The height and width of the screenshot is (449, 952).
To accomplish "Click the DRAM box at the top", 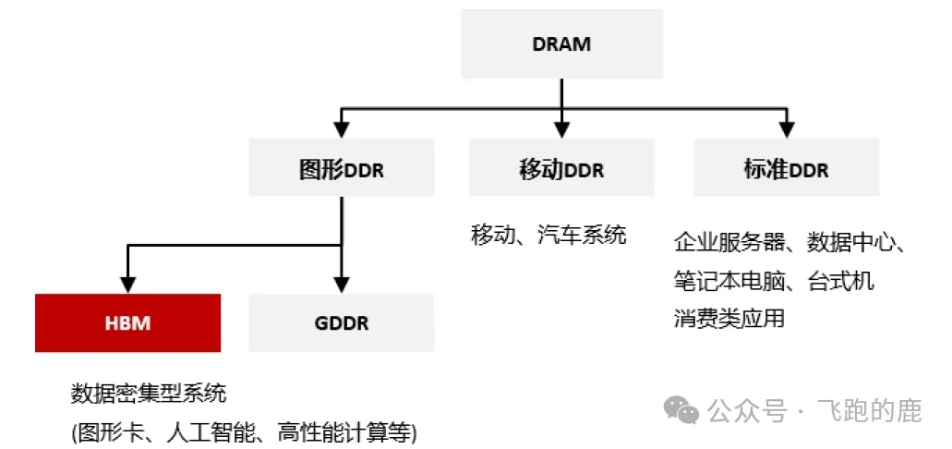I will coord(561,43).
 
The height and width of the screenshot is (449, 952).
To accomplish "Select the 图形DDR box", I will coord(342,169).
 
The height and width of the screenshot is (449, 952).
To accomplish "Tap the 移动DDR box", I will coord(561,169).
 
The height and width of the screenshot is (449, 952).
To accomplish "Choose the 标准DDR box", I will coord(786,169).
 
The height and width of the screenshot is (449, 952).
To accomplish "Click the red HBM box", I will coord(127,323).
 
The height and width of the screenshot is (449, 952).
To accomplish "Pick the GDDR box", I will coord(342,323).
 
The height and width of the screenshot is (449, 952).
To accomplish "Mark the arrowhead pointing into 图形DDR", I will coord(342,130).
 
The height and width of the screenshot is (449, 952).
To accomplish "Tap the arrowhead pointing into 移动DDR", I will coord(561,130).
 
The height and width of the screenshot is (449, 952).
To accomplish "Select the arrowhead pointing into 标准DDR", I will coord(786,130).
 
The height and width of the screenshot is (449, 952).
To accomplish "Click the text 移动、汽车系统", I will coord(548,235).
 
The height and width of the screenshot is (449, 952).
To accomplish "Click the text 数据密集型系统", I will coord(148,394).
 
